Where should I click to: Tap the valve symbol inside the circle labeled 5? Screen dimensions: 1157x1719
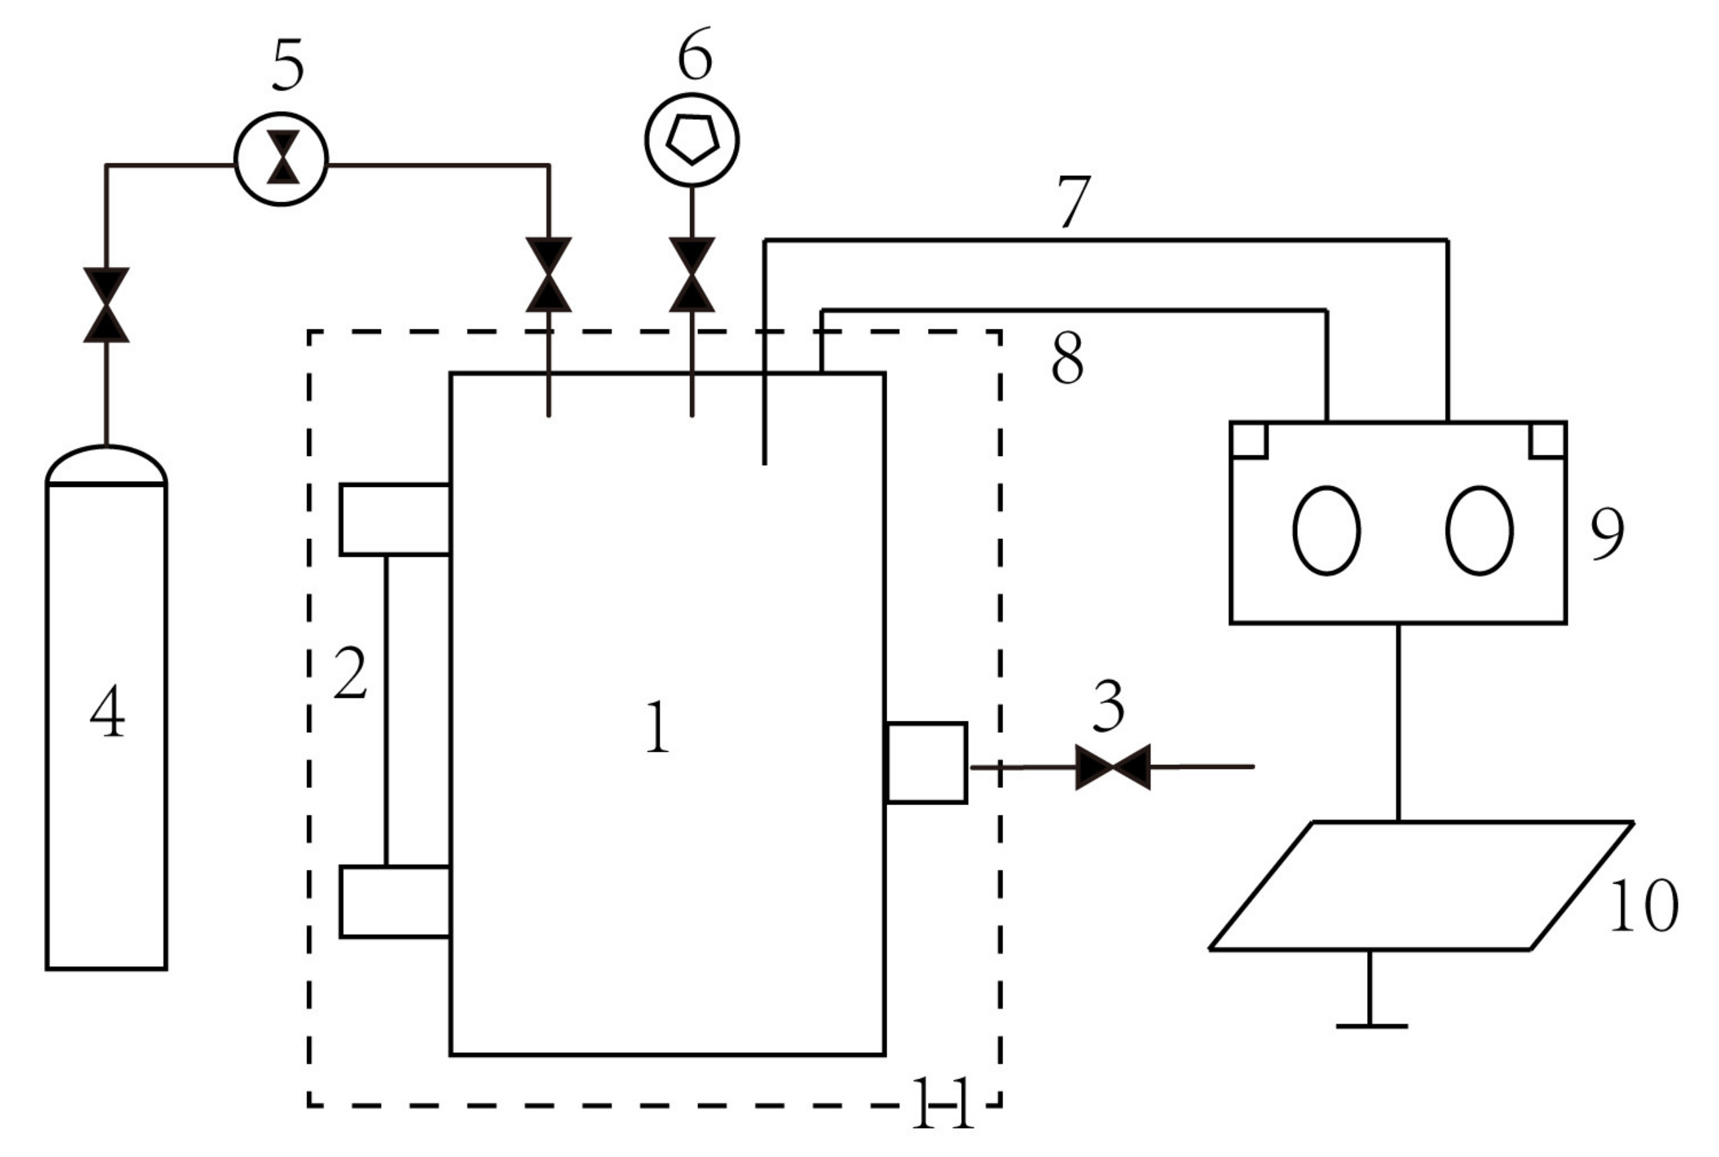(283, 157)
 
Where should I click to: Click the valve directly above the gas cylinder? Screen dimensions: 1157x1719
(106, 305)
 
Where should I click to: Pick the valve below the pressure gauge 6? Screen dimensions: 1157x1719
(691, 275)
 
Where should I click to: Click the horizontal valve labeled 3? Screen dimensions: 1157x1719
(1113, 768)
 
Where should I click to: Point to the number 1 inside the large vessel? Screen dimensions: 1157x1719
(658, 727)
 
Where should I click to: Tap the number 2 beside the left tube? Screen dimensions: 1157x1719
(350, 673)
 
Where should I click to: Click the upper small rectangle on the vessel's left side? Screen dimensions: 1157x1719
(395, 519)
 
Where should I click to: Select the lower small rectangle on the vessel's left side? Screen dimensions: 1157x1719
(395, 902)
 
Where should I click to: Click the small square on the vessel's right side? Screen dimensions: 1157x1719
(926, 763)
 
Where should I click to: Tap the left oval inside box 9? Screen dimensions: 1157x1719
(1326, 530)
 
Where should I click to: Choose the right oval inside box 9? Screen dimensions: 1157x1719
(1479, 530)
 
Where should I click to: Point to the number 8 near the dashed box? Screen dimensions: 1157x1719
(1067, 358)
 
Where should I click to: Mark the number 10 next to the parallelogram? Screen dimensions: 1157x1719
(1644, 906)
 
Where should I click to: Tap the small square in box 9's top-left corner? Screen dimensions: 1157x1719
(1249, 441)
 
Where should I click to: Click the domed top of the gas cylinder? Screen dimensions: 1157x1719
(106, 465)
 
